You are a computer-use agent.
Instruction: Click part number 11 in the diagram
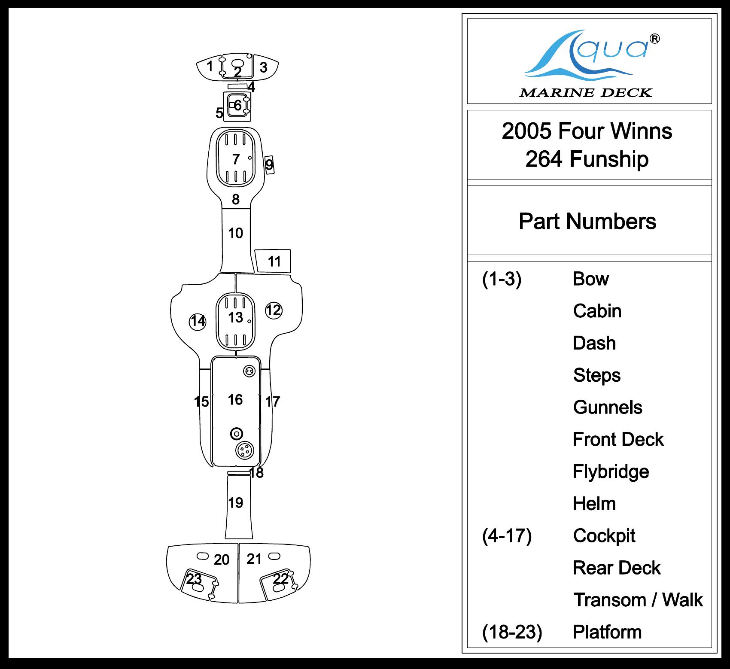[x=274, y=261]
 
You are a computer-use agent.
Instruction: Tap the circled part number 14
[x=198, y=321]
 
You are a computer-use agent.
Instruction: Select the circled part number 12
[x=273, y=310]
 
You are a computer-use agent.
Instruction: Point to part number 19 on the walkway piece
[x=235, y=502]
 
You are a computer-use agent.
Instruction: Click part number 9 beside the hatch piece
[x=269, y=164]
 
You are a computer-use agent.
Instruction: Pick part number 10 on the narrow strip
[x=235, y=233]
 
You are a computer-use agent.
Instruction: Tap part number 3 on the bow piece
[x=264, y=67]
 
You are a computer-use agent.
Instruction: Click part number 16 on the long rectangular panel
[x=235, y=400]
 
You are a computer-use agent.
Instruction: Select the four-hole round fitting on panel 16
[x=245, y=451]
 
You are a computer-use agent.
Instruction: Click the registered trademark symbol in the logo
[x=654, y=39]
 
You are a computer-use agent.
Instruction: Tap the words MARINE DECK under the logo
[x=586, y=93]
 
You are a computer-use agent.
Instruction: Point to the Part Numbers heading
[x=587, y=222]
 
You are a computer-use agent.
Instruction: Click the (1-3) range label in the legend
[x=502, y=279]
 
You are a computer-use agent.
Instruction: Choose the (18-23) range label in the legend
[x=512, y=632]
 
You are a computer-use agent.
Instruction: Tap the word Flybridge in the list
[x=611, y=471]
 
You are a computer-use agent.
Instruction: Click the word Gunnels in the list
[x=608, y=407]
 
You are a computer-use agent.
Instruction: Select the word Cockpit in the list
[x=604, y=535]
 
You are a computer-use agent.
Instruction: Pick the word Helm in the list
[x=594, y=504]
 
